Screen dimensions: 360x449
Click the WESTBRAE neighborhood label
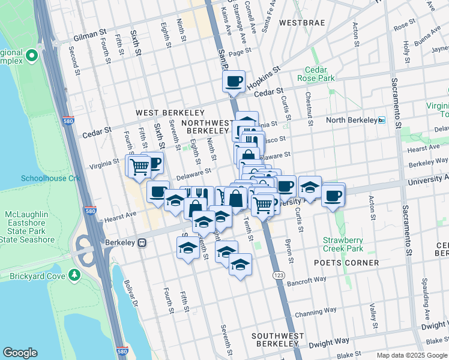pos(302,23)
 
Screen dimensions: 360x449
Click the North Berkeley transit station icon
pos(381,121)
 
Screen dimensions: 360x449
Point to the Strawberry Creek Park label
pos(343,244)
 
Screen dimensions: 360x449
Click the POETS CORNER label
pos(347,263)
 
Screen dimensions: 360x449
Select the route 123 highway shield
pos(279,275)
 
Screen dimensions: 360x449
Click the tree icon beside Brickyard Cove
pos(74,275)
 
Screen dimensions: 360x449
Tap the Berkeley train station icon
pos(142,243)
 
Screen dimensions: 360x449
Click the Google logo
pos(20,353)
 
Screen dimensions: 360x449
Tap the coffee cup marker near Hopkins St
pos(234,80)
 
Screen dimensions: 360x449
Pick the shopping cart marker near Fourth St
pos(139,165)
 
